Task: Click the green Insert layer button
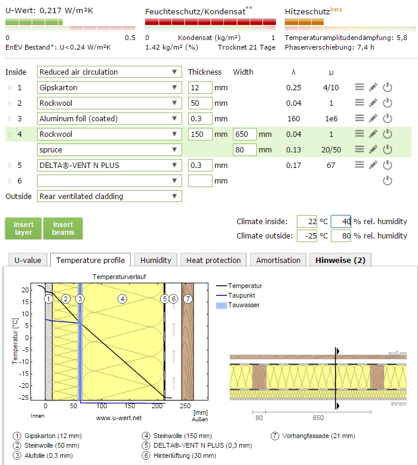(24, 228)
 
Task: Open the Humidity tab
(156, 260)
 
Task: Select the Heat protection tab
(214, 260)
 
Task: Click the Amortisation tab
(278, 260)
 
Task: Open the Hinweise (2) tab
(340, 260)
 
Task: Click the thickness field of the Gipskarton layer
(199, 87)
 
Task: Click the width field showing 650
(244, 134)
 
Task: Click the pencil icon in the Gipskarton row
(373, 87)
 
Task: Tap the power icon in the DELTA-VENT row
(388, 165)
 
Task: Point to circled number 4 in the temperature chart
(122, 298)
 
